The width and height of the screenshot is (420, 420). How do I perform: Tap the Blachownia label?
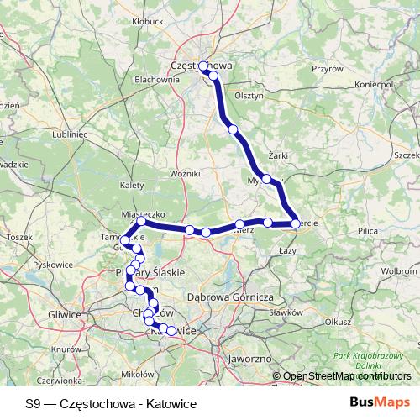pyautogui.click(x=157, y=80)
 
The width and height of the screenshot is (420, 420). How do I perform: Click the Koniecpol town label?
pyautogui.click(x=375, y=86)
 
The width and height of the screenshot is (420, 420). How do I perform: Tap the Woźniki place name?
pyautogui.click(x=183, y=173)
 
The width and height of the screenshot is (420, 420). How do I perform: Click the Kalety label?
pyautogui.click(x=132, y=185)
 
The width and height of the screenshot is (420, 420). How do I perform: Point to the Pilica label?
pyautogui.click(x=368, y=229)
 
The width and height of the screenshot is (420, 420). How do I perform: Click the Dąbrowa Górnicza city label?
pyautogui.click(x=230, y=297)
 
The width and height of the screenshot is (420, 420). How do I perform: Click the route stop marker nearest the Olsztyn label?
pyautogui.click(x=233, y=129)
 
